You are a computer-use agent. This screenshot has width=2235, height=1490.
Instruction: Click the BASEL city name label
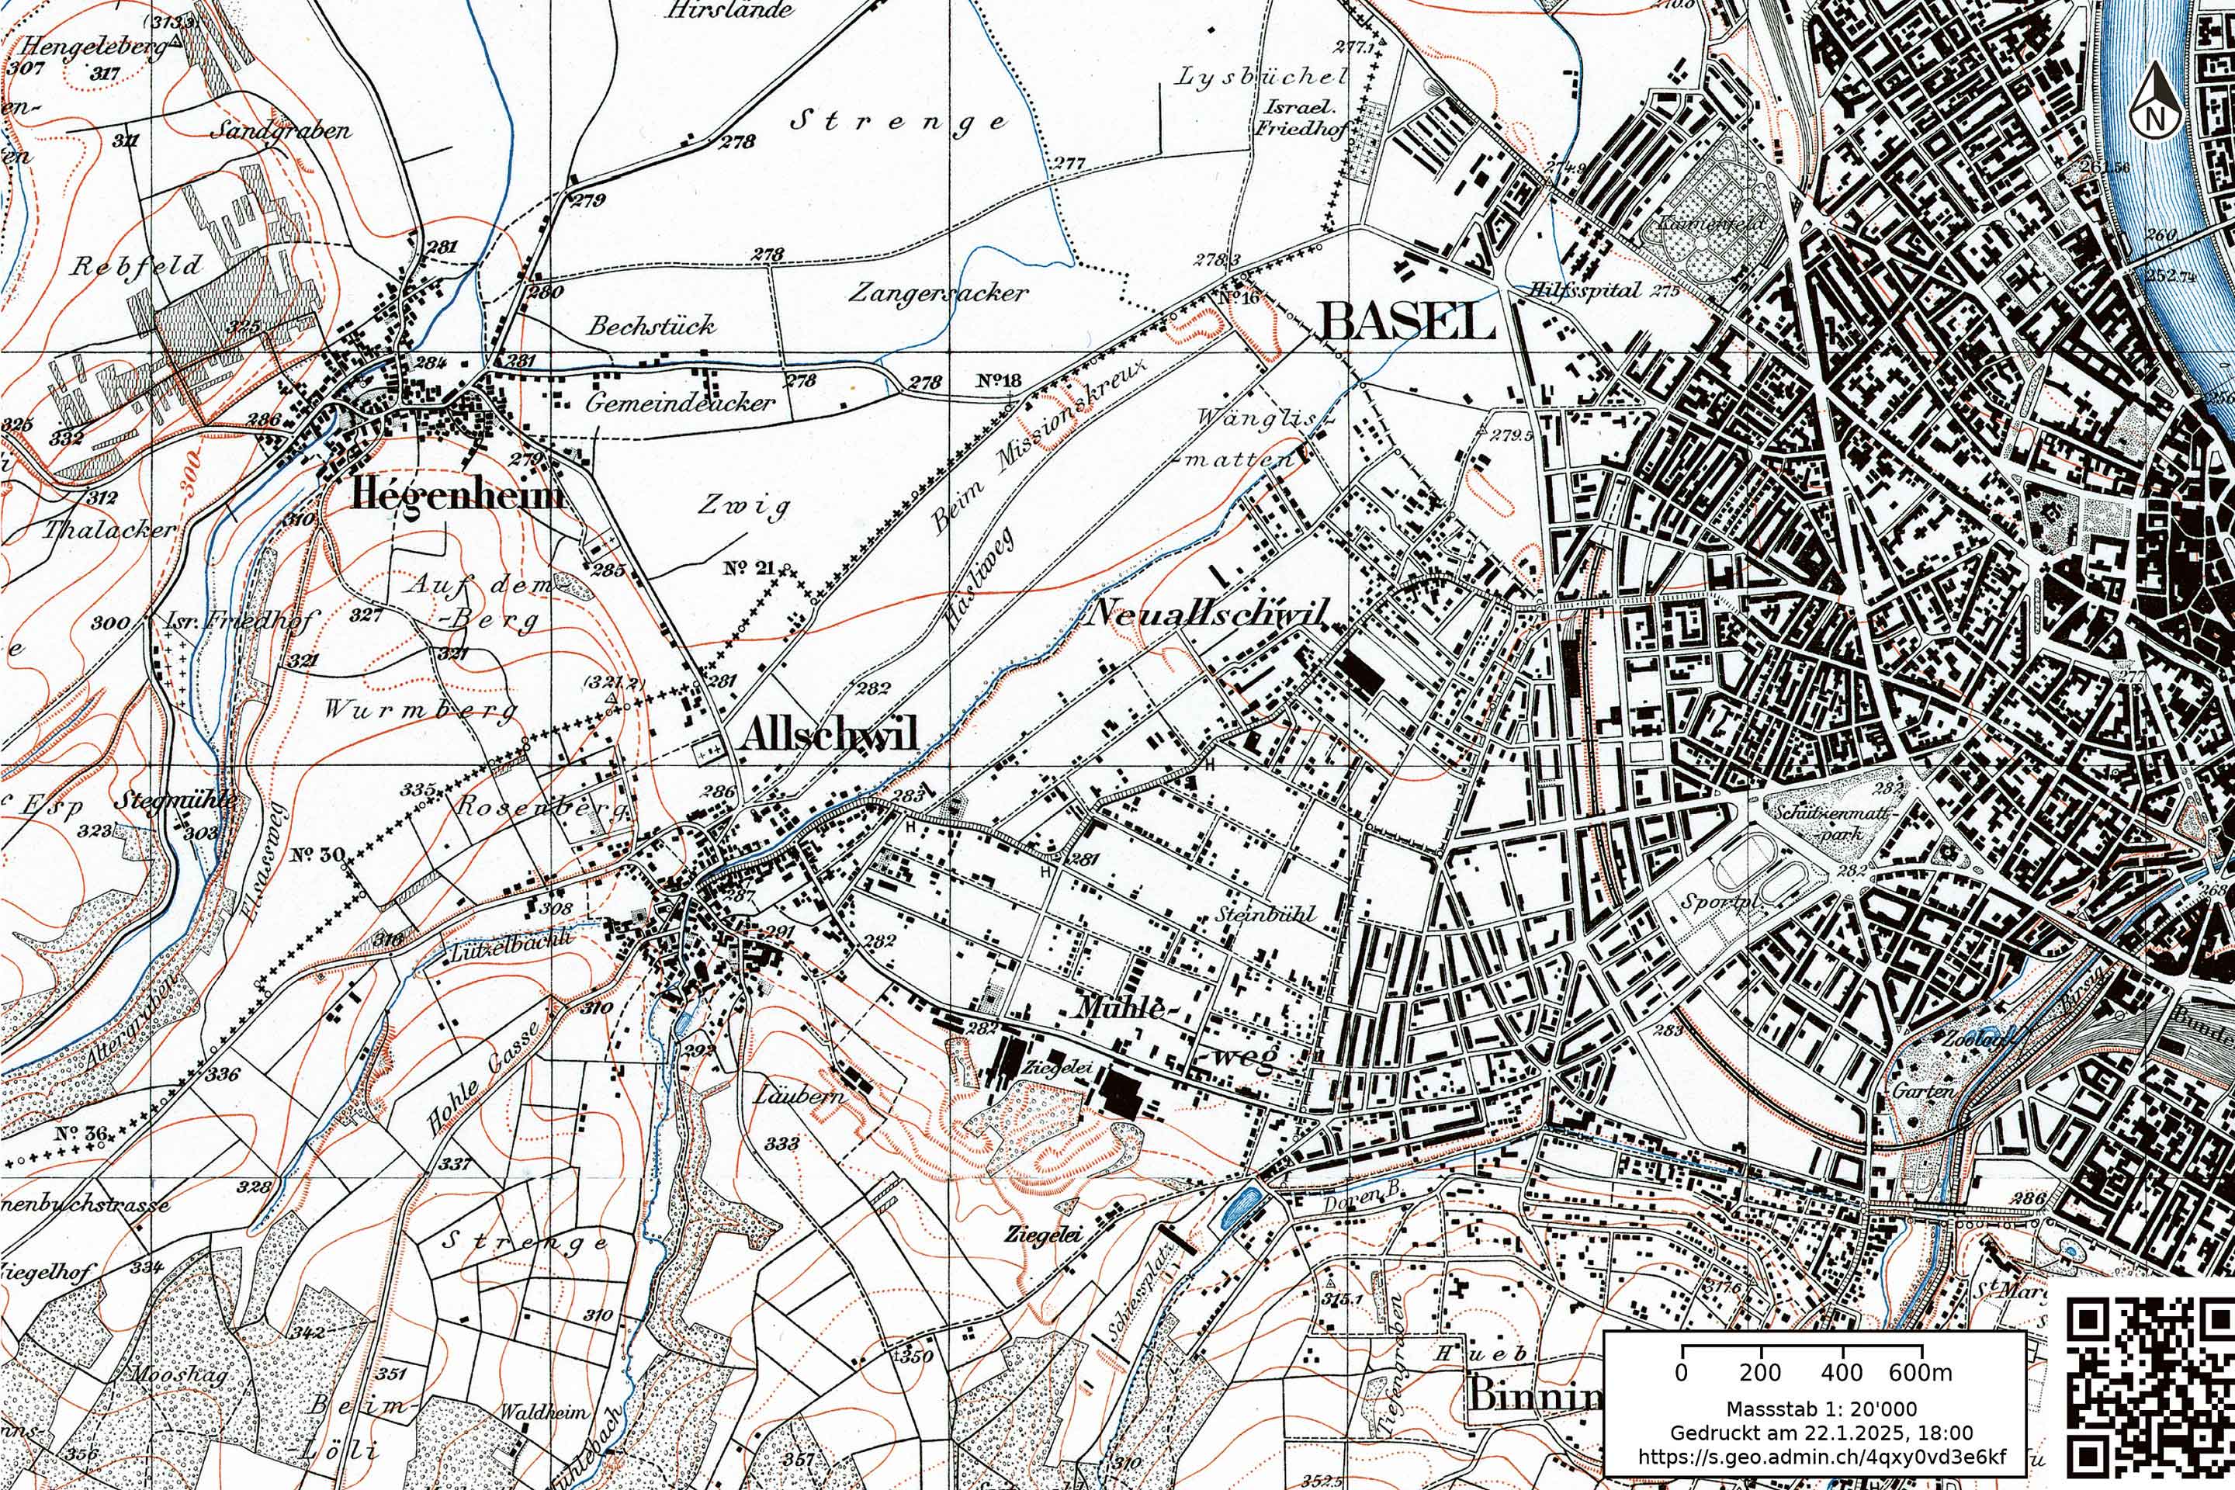pyautogui.click(x=1406, y=323)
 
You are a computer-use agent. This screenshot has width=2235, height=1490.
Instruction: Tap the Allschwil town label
pyautogui.click(x=830, y=735)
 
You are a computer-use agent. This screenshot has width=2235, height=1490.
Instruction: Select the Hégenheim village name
pyautogui.click(x=458, y=495)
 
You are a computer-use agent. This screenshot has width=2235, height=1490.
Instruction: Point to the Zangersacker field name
pyautogui.click(x=938, y=293)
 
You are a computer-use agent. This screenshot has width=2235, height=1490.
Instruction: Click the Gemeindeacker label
pyautogui.click(x=680, y=403)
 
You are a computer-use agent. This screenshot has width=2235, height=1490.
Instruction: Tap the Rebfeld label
pyautogui.click(x=138, y=265)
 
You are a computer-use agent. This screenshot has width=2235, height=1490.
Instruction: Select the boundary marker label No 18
pyautogui.click(x=999, y=381)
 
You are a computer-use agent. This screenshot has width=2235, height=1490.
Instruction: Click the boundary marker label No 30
pyautogui.click(x=317, y=854)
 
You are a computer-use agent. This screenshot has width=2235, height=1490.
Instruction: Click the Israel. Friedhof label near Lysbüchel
pyautogui.click(x=1299, y=120)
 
